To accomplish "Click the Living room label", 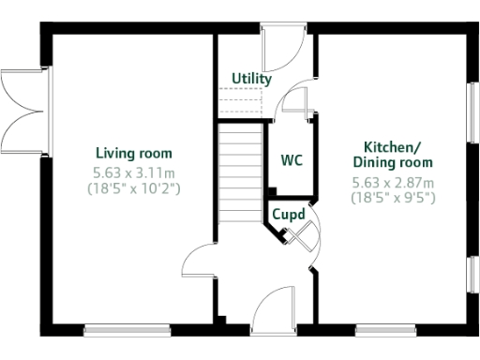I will tap(134, 153).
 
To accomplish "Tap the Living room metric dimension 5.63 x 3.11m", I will tap(134, 172).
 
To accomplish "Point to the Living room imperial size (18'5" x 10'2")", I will tap(134, 188).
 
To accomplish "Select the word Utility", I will tap(251, 80).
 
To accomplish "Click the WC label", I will tap(292, 159).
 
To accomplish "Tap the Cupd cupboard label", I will tap(289, 214).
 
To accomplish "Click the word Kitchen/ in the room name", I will tap(392, 147).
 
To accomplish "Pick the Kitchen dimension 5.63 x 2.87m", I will tap(393, 182).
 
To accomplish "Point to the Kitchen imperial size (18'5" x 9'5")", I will tap(393, 198).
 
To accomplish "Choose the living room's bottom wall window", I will tap(127, 329).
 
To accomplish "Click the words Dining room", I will tap(392, 162).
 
